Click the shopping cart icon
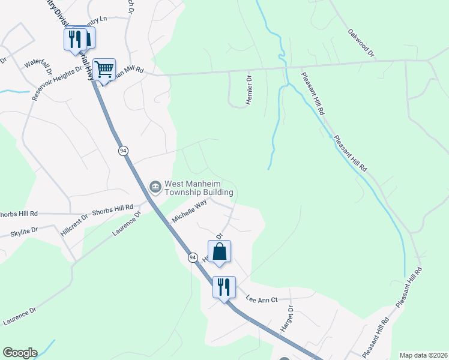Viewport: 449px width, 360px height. coord(105,70)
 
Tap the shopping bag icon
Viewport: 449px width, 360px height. coord(219,251)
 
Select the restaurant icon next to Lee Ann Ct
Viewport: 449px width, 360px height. coord(224,287)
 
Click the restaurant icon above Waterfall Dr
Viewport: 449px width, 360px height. coord(75,40)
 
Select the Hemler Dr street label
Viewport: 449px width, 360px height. coord(249,91)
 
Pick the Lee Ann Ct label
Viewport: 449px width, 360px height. coord(262,299)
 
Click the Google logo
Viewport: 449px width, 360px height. coord(20,353)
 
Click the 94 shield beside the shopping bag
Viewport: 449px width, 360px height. coord(193,257)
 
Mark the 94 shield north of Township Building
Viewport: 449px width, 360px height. coord(123,151)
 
